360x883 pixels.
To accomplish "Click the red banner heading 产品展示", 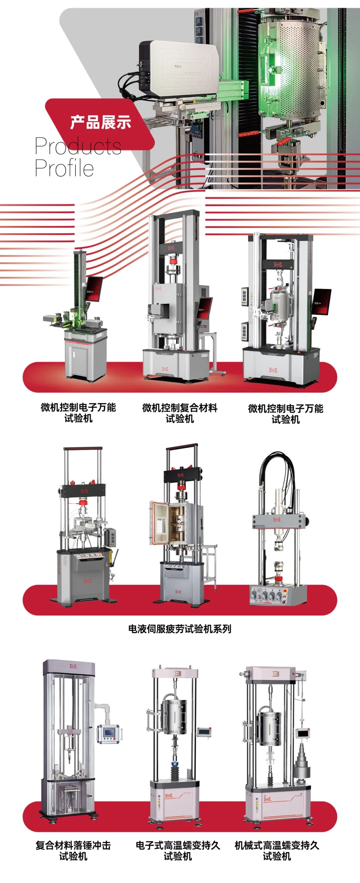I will (100, 123).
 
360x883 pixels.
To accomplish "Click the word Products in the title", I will (78, 146).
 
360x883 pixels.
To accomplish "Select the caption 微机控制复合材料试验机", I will (180, 413).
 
